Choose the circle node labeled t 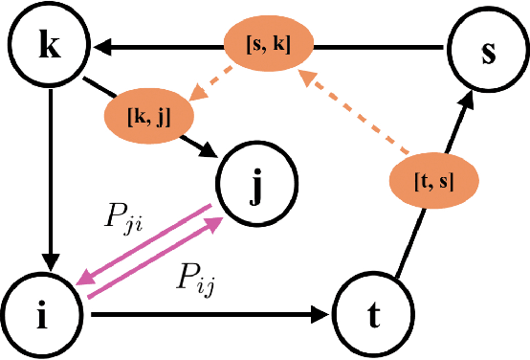click(374, 313)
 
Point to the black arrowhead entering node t click(322, 313)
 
